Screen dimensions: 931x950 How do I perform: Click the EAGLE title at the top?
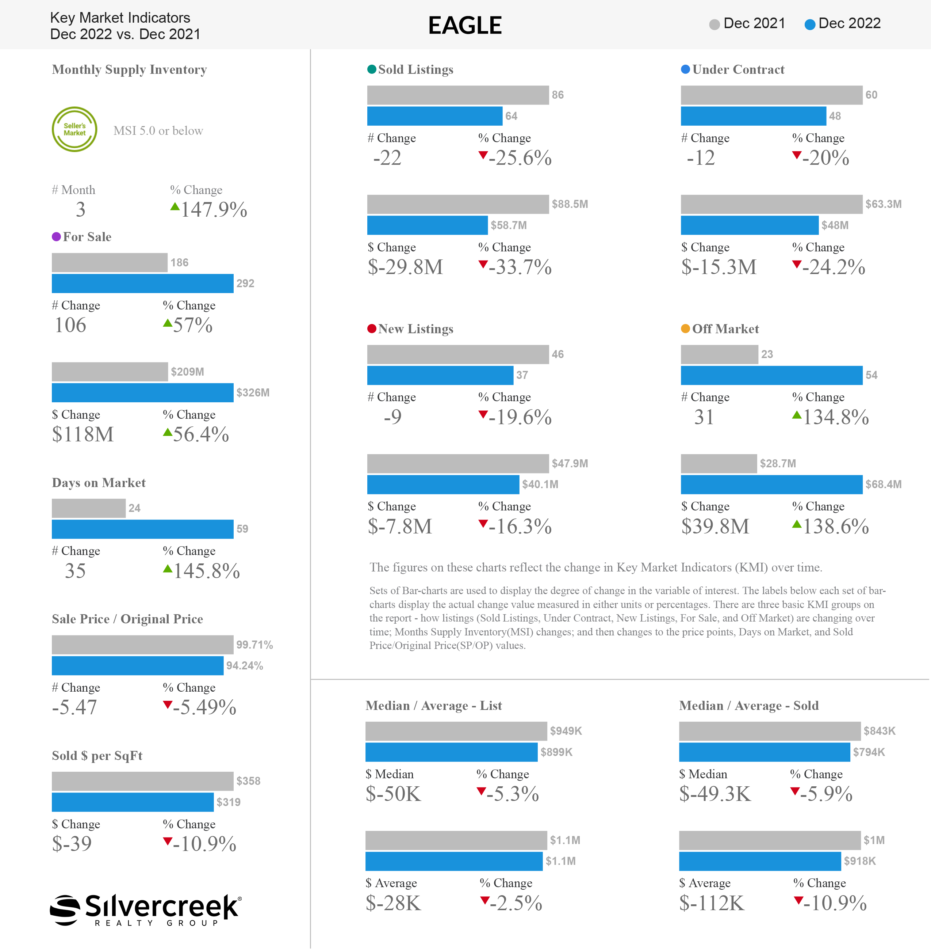465,26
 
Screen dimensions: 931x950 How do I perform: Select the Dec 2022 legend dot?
810,24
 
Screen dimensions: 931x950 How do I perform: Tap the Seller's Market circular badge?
74,129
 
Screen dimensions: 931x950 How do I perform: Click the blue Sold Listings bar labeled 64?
435,116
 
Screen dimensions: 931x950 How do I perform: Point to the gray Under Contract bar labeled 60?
771,95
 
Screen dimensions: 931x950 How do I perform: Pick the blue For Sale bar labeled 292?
143,284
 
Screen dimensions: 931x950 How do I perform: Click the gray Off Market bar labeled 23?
719,354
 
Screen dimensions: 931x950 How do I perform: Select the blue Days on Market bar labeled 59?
143,529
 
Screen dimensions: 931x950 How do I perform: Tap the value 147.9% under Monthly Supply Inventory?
214,209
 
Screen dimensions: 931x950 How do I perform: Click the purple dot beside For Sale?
56,237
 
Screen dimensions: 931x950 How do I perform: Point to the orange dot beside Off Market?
686,328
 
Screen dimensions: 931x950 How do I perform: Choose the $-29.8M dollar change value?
405,267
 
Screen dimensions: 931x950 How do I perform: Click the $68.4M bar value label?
884,484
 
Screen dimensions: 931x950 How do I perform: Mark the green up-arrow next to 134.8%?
797,415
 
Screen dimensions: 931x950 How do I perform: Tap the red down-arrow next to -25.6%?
483,156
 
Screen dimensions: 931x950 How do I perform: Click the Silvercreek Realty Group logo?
146,910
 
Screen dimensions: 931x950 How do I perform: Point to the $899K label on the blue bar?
556,752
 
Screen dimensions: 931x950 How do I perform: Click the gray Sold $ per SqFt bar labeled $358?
143,781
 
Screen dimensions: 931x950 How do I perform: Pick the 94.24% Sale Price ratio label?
245,666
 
